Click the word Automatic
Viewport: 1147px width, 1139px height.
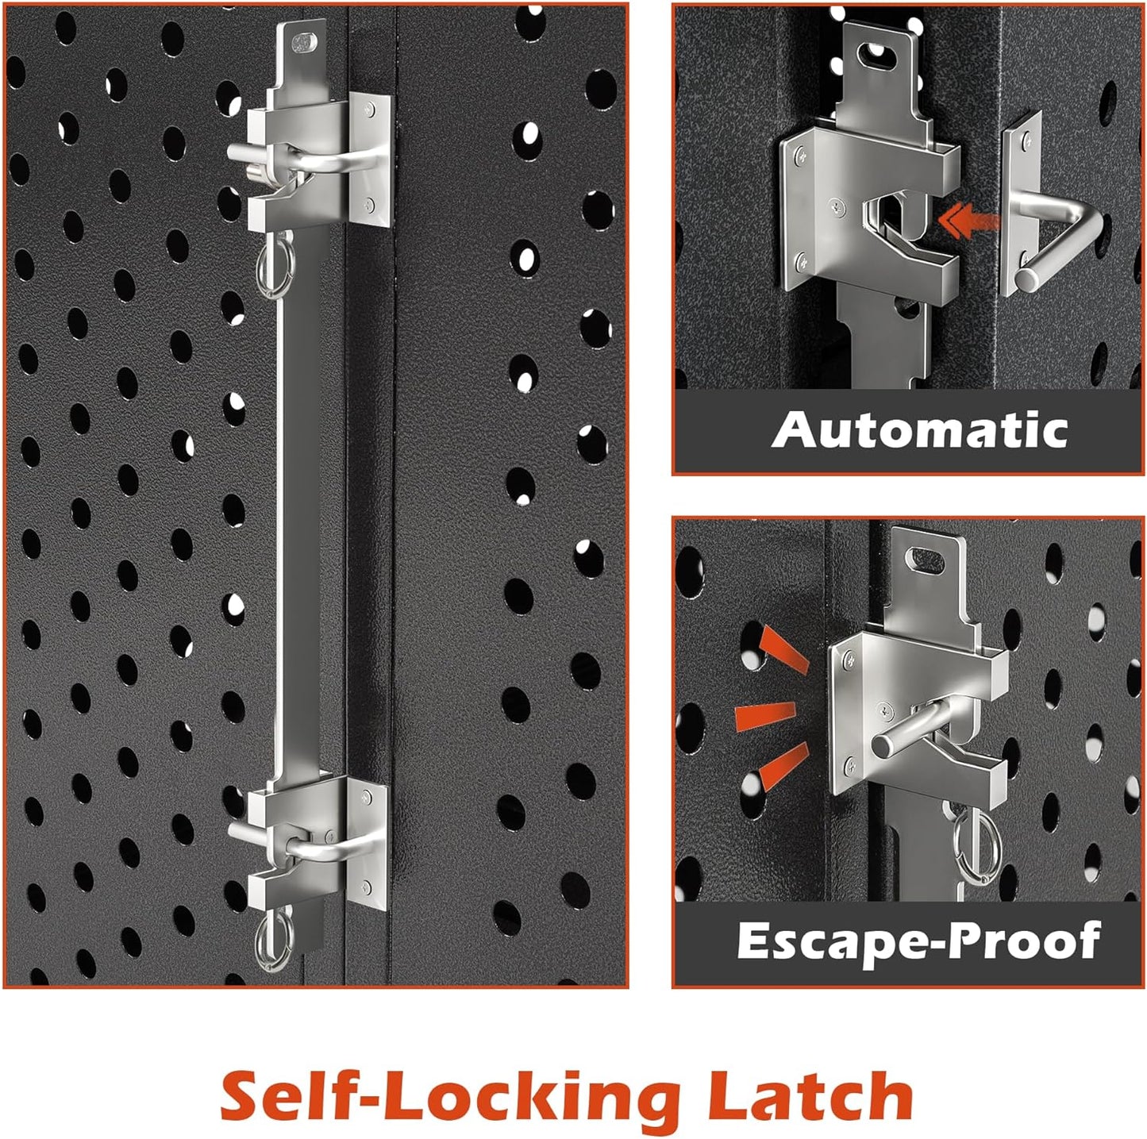(919, 429)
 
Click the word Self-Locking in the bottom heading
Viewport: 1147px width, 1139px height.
(451, 1095)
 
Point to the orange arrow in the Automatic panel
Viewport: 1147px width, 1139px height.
(968, 221)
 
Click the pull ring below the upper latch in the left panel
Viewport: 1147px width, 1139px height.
(274, 266)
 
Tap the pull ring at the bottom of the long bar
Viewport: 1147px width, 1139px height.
(274, 938)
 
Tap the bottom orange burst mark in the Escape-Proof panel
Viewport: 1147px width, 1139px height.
(784, 768)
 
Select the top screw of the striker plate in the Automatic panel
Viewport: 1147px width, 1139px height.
(1027, 142)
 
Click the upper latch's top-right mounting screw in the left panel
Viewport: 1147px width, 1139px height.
(371, 109)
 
